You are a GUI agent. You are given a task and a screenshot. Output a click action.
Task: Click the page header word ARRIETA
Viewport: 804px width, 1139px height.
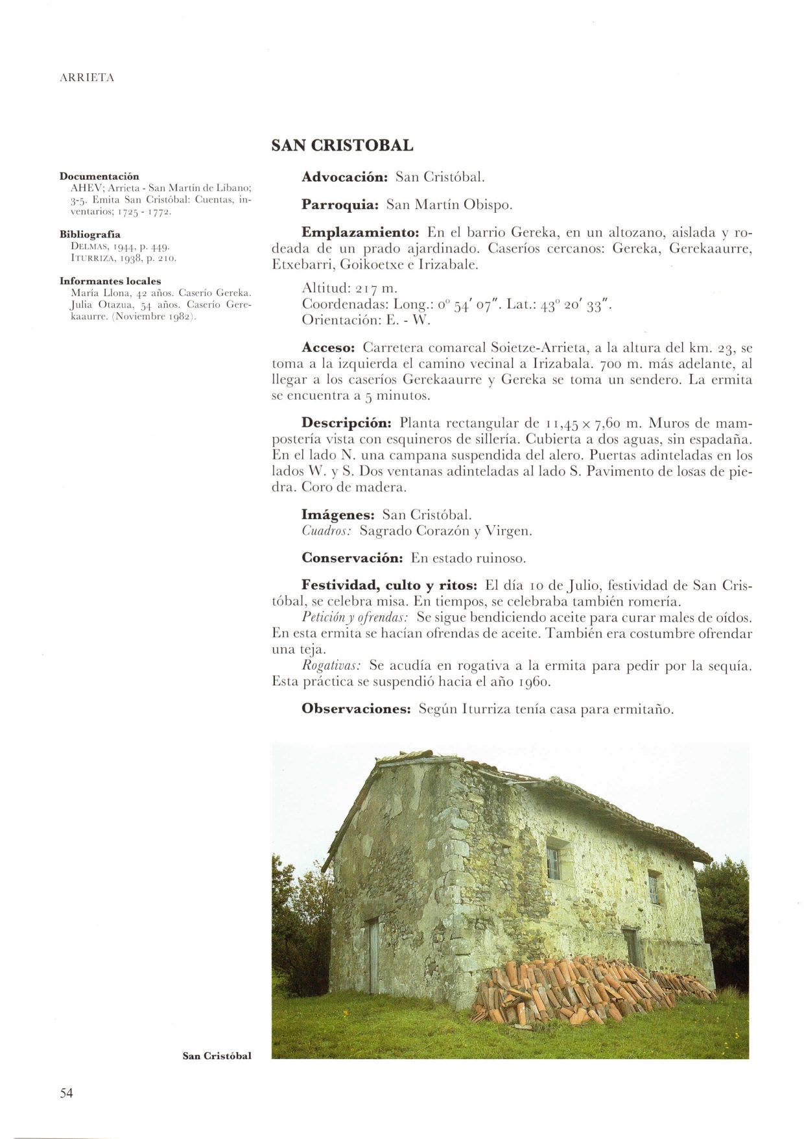click(x=86, y=78)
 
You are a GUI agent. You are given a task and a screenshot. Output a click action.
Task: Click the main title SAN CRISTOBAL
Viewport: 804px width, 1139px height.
click(x=342, y=145)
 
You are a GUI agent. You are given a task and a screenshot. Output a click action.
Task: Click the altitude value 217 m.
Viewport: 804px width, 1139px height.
click(x=377, y=288)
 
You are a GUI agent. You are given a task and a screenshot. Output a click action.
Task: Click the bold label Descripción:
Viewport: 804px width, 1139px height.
click(x=347, y=424)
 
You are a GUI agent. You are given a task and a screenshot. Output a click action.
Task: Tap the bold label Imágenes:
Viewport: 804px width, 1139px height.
click(x=338, y=515)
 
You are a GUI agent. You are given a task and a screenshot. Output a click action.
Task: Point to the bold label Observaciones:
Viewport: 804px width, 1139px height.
click(x=357, y=709)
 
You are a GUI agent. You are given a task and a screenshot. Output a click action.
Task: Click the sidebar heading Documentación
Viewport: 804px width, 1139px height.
click(x=99, y=176)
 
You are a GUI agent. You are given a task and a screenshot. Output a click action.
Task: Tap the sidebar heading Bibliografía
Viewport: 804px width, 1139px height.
click(x=90, y=234)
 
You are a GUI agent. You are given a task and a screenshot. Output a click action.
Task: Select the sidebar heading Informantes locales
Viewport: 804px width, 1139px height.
click(x=110, y=281)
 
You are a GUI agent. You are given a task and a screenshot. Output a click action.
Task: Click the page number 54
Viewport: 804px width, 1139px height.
click(x=67, y=1093)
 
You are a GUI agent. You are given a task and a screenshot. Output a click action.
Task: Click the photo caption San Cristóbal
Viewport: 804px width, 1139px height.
click(x=217, y=1056)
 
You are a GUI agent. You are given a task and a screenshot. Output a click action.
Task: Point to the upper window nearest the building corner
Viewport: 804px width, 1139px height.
click(x=554, y=862)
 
